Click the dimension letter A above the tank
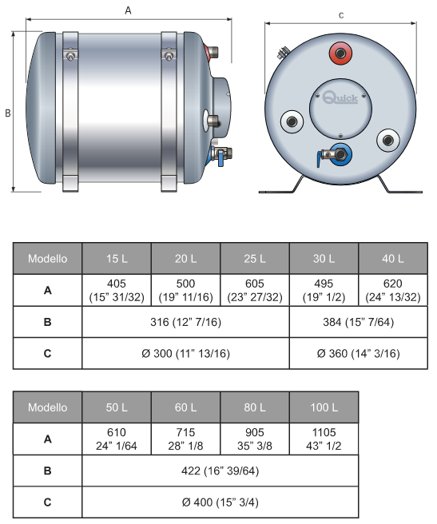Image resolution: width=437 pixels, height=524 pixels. (x=128, y=10)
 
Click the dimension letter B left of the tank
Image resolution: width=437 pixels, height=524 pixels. (x=8, y=113)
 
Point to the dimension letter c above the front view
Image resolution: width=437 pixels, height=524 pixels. (x=341, y=15)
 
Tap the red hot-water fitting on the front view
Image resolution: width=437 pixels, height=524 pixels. (x=340, y=54)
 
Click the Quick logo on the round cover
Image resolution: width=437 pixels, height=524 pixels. (x=340, y=97)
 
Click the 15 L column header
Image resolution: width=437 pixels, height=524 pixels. (x=117, y=259)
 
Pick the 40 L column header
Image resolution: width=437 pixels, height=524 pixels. (x=393, y=259)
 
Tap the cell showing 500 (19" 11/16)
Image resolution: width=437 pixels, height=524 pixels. (x=185, y=290)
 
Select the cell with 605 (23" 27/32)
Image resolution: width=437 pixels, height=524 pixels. (x=255, y=290)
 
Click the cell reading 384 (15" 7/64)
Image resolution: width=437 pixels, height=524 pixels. (x=359, y=322)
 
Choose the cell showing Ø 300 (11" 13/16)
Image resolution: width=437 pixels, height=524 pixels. (x=185, y=353)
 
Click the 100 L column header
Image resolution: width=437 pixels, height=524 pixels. (x=324, y=407)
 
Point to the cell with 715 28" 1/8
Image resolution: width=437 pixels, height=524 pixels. (x=185, y=439)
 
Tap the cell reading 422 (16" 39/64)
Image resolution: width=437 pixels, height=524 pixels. (x=220, y=470)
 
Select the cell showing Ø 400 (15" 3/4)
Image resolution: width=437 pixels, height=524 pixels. (x=220, y=502)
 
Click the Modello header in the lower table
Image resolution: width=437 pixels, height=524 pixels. (x=47, y=407)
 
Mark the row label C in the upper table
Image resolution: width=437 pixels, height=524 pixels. (x=47, y=353)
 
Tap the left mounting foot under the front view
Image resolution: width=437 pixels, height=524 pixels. (x=281, y=188)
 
